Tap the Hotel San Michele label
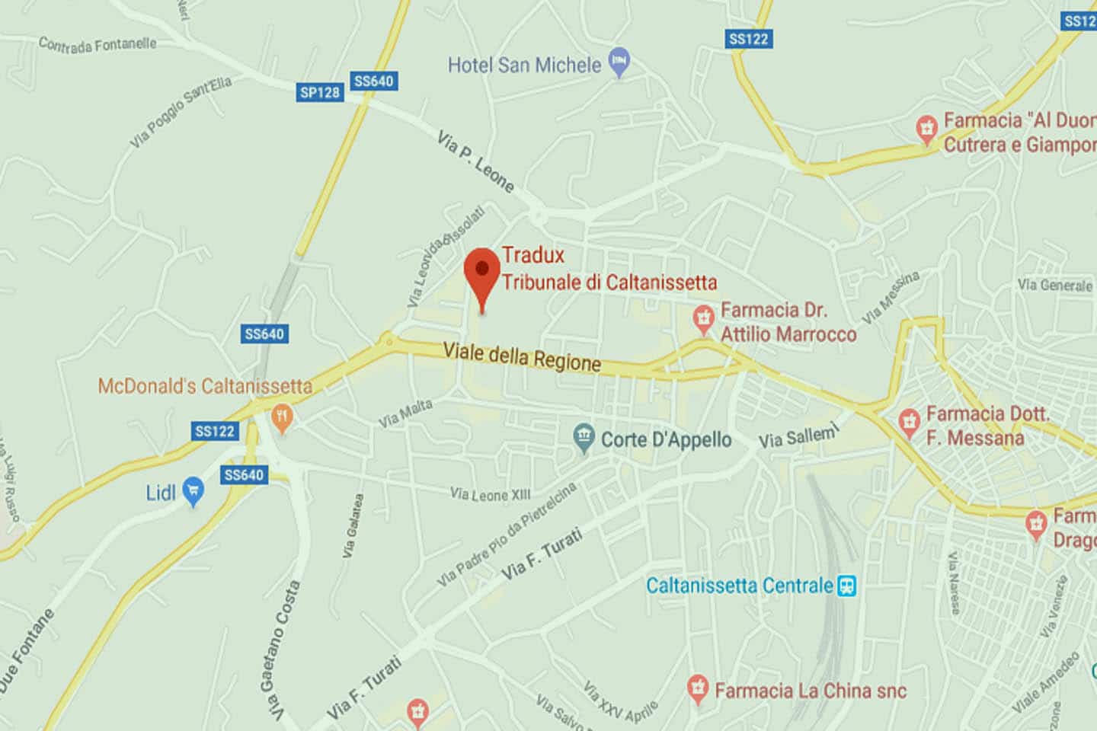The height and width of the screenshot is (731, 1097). click(x=524, y=65)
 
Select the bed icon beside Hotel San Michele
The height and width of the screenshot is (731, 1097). click(x=620, y=63)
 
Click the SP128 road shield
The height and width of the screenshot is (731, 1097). click(x=320, y=92)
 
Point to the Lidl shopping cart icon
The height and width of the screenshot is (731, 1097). click(x=193, y=492)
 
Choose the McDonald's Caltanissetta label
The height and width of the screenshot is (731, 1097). click(x=205, y=386)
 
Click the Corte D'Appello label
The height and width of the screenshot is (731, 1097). click(x=666, y=440)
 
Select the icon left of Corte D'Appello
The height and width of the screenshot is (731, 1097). click(x=584, y=438)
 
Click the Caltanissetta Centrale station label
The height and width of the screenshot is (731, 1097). click(x=739, y=586)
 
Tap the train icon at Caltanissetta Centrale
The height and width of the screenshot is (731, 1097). click(x=846, y=586)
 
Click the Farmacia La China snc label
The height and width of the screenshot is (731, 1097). click(x=811, y=691)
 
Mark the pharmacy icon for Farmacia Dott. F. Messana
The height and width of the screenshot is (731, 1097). click(x=909, y=423)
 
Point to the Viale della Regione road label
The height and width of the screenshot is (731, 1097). click(x=522, y=356)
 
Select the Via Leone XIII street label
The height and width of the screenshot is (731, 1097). click(x=490, y=495)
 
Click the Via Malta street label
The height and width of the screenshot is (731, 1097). click(x=405, y=413)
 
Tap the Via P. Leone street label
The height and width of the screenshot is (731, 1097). click(x=475, y=161)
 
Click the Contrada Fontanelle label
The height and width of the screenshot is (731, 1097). click(x=98, y=44)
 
